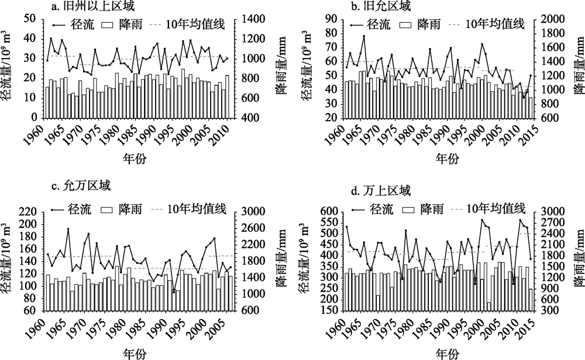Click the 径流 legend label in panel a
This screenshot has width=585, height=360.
click(85, 25)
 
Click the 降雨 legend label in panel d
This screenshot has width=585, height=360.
click(431, 208)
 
